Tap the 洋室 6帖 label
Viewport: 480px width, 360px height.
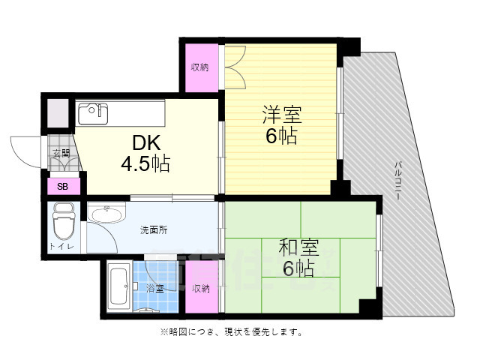pyautogui.click(x=281, y=126)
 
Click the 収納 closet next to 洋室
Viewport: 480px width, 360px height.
pyautogui.click(x=199, y=67)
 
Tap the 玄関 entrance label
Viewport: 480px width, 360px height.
pyautogui.click(x=60, y=154)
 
